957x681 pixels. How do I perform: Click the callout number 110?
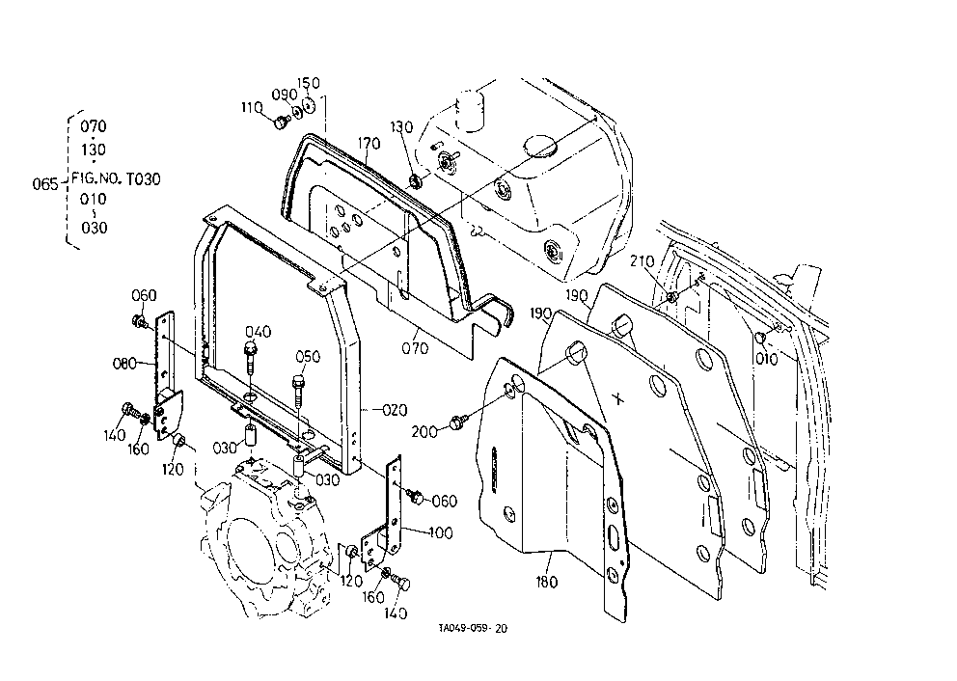252,108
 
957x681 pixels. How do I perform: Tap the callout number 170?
369,144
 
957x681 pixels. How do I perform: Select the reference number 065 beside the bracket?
45,183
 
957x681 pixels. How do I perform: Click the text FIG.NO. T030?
117,178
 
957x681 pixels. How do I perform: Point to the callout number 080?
124,364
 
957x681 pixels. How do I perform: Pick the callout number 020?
395,410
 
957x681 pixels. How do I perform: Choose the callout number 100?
441,532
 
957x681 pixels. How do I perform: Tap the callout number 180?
546,583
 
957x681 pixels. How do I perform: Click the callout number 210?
643,261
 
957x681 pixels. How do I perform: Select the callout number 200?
424,431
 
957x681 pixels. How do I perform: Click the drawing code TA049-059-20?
473,629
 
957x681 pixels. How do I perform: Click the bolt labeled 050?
298,390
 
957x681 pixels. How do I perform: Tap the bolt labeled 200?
458,422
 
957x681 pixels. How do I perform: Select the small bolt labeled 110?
282,123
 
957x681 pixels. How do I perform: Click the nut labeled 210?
670,297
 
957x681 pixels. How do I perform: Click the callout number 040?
259,332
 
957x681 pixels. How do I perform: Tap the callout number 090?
285,95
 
